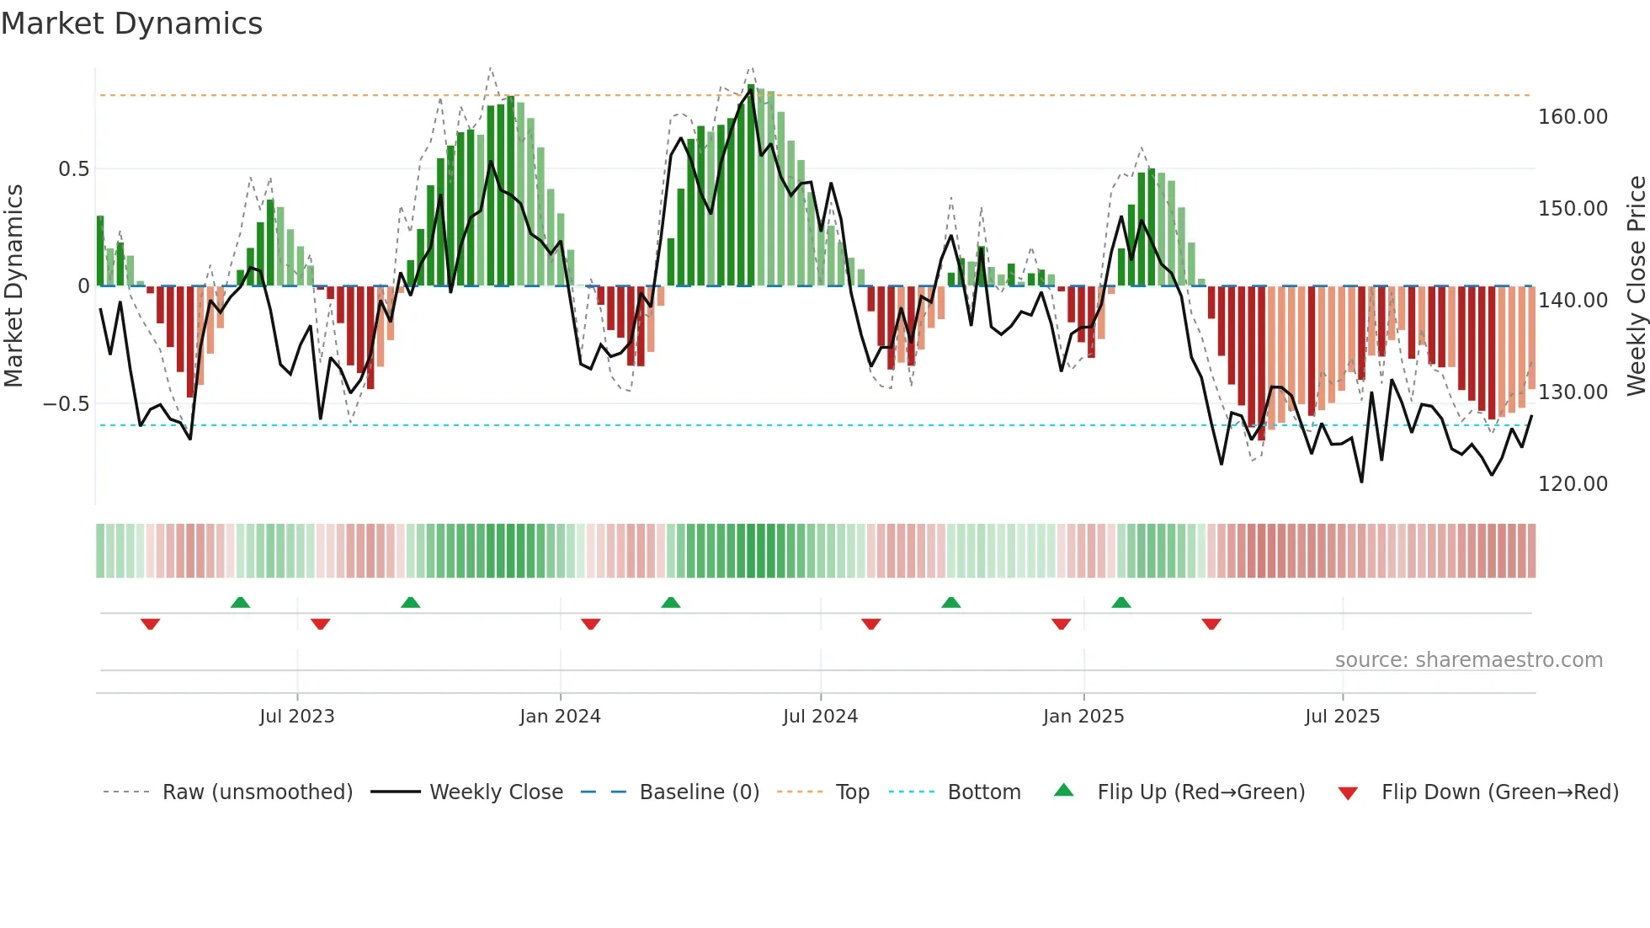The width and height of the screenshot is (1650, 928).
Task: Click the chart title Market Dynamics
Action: (x=132, y=24)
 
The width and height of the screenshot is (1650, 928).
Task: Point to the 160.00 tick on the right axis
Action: (x=1573, y=117)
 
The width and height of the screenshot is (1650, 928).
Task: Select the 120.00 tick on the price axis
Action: (x=1573, y=484)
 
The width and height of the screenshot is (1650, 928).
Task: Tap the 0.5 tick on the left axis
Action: (x=73, y=169)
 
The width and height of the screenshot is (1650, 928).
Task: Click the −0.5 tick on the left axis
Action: (x=67, y=404)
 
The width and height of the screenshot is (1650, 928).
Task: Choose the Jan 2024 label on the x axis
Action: (x=560, y=717)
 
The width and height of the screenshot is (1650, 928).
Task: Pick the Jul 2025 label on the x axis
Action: (x=1342, y=717)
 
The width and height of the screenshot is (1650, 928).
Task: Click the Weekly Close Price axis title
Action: (x=1636, y=286)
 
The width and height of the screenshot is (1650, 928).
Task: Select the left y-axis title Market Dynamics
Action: (x=13, y=286)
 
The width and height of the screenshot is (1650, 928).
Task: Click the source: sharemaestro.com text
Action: (x=1468, y=660)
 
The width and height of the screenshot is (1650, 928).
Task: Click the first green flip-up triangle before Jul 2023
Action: (x=240, y=603)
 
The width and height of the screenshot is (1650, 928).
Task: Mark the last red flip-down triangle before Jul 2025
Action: (x=1211, y=624)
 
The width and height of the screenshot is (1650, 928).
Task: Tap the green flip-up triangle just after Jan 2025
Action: (x=1120, y=603)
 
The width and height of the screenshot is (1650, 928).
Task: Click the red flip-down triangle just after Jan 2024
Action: (x=591, y=624)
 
